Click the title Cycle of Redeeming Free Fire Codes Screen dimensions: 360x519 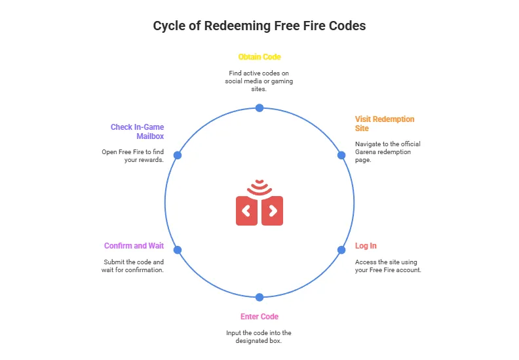(x=259, y=26)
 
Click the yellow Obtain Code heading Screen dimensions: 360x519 (x=259, y=57)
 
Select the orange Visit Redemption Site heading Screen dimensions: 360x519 (x=385, y=124)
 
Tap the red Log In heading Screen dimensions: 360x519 (x=366, y=246)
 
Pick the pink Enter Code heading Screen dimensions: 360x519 (x=259, y=317)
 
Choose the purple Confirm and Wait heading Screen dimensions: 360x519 (x=134, y=246)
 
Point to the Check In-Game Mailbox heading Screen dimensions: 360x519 (x=137, y=131)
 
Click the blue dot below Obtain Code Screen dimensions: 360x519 (x=259, y=108)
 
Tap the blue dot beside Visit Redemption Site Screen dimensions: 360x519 (x=341, y=155)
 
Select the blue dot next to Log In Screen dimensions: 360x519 (x=341, y=250)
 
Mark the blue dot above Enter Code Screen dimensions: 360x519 (x=259, y=297)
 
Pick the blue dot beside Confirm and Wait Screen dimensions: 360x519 (x=178, y=250)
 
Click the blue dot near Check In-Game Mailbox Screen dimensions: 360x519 (x=178, y=155)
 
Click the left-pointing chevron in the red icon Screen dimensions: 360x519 (x=246, y=210)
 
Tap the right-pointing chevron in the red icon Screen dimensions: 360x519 (x=273, y=210)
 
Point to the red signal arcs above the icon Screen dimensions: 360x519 (x=259, y=187)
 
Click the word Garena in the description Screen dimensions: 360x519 (x=366, y=151)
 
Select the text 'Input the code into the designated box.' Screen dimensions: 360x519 (x=259, y=337)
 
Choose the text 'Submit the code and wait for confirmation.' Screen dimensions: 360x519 (x=134, y=266)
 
